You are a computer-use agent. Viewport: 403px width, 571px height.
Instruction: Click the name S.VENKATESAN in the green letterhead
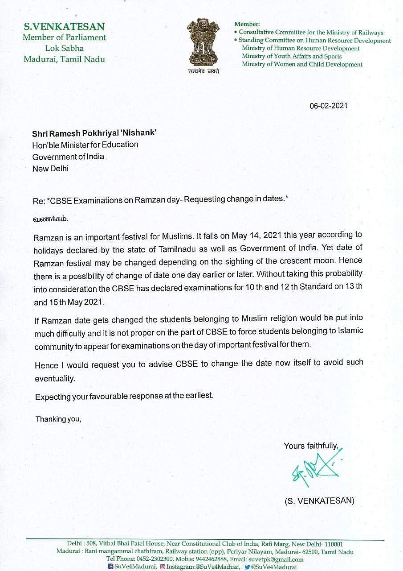click(64, 27)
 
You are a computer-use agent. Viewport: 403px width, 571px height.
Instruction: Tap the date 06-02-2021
click(329, 106)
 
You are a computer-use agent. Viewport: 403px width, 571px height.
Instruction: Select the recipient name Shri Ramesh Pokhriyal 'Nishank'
click(94, 133)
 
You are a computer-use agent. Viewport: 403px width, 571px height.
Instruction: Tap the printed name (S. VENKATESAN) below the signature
click(319, 501)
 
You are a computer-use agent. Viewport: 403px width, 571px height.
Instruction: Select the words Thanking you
click(58, 419)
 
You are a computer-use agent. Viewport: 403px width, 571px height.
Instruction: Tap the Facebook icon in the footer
click(111, 567)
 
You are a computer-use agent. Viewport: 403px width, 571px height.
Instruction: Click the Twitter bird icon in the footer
click(247, 567)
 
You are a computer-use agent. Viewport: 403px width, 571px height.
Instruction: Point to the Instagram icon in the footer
click(163, 567)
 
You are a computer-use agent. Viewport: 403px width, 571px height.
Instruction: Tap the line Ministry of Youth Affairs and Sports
click(292, 56)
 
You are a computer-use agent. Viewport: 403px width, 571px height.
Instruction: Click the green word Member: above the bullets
click(247, 24)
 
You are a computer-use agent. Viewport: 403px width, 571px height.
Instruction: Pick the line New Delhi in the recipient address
click(50, 168)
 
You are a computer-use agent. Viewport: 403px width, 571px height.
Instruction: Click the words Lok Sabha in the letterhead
click(64, 48)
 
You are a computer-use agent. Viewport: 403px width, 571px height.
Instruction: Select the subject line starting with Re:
click(161, 200)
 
